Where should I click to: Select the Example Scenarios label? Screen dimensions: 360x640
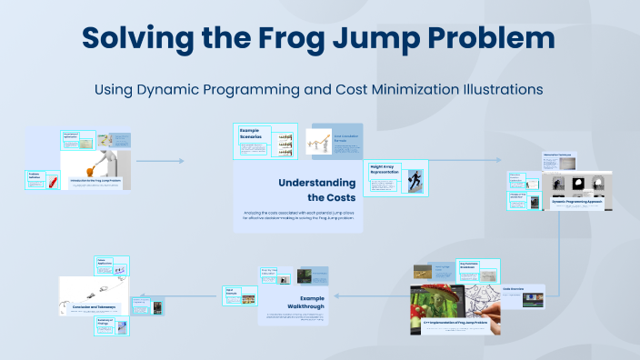tap(250, 134)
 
